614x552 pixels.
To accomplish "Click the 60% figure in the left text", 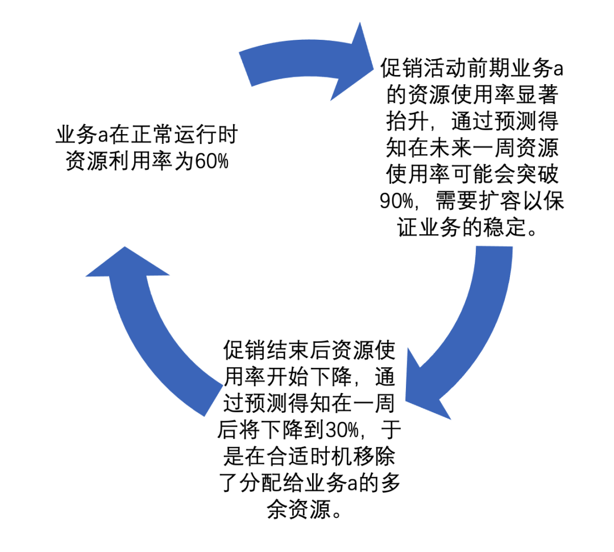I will tap(211, 161).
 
